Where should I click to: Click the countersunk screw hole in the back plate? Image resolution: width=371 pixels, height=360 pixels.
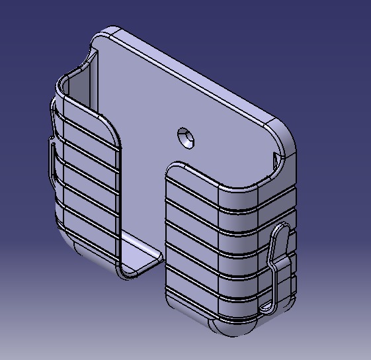[x=186, y=138]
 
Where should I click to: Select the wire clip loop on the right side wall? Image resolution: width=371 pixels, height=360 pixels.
[x=278, y=265]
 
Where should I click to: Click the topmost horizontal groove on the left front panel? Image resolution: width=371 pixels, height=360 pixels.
[x=86, y=122]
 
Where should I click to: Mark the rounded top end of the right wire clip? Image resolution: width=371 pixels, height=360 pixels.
[x=284, y=228]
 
